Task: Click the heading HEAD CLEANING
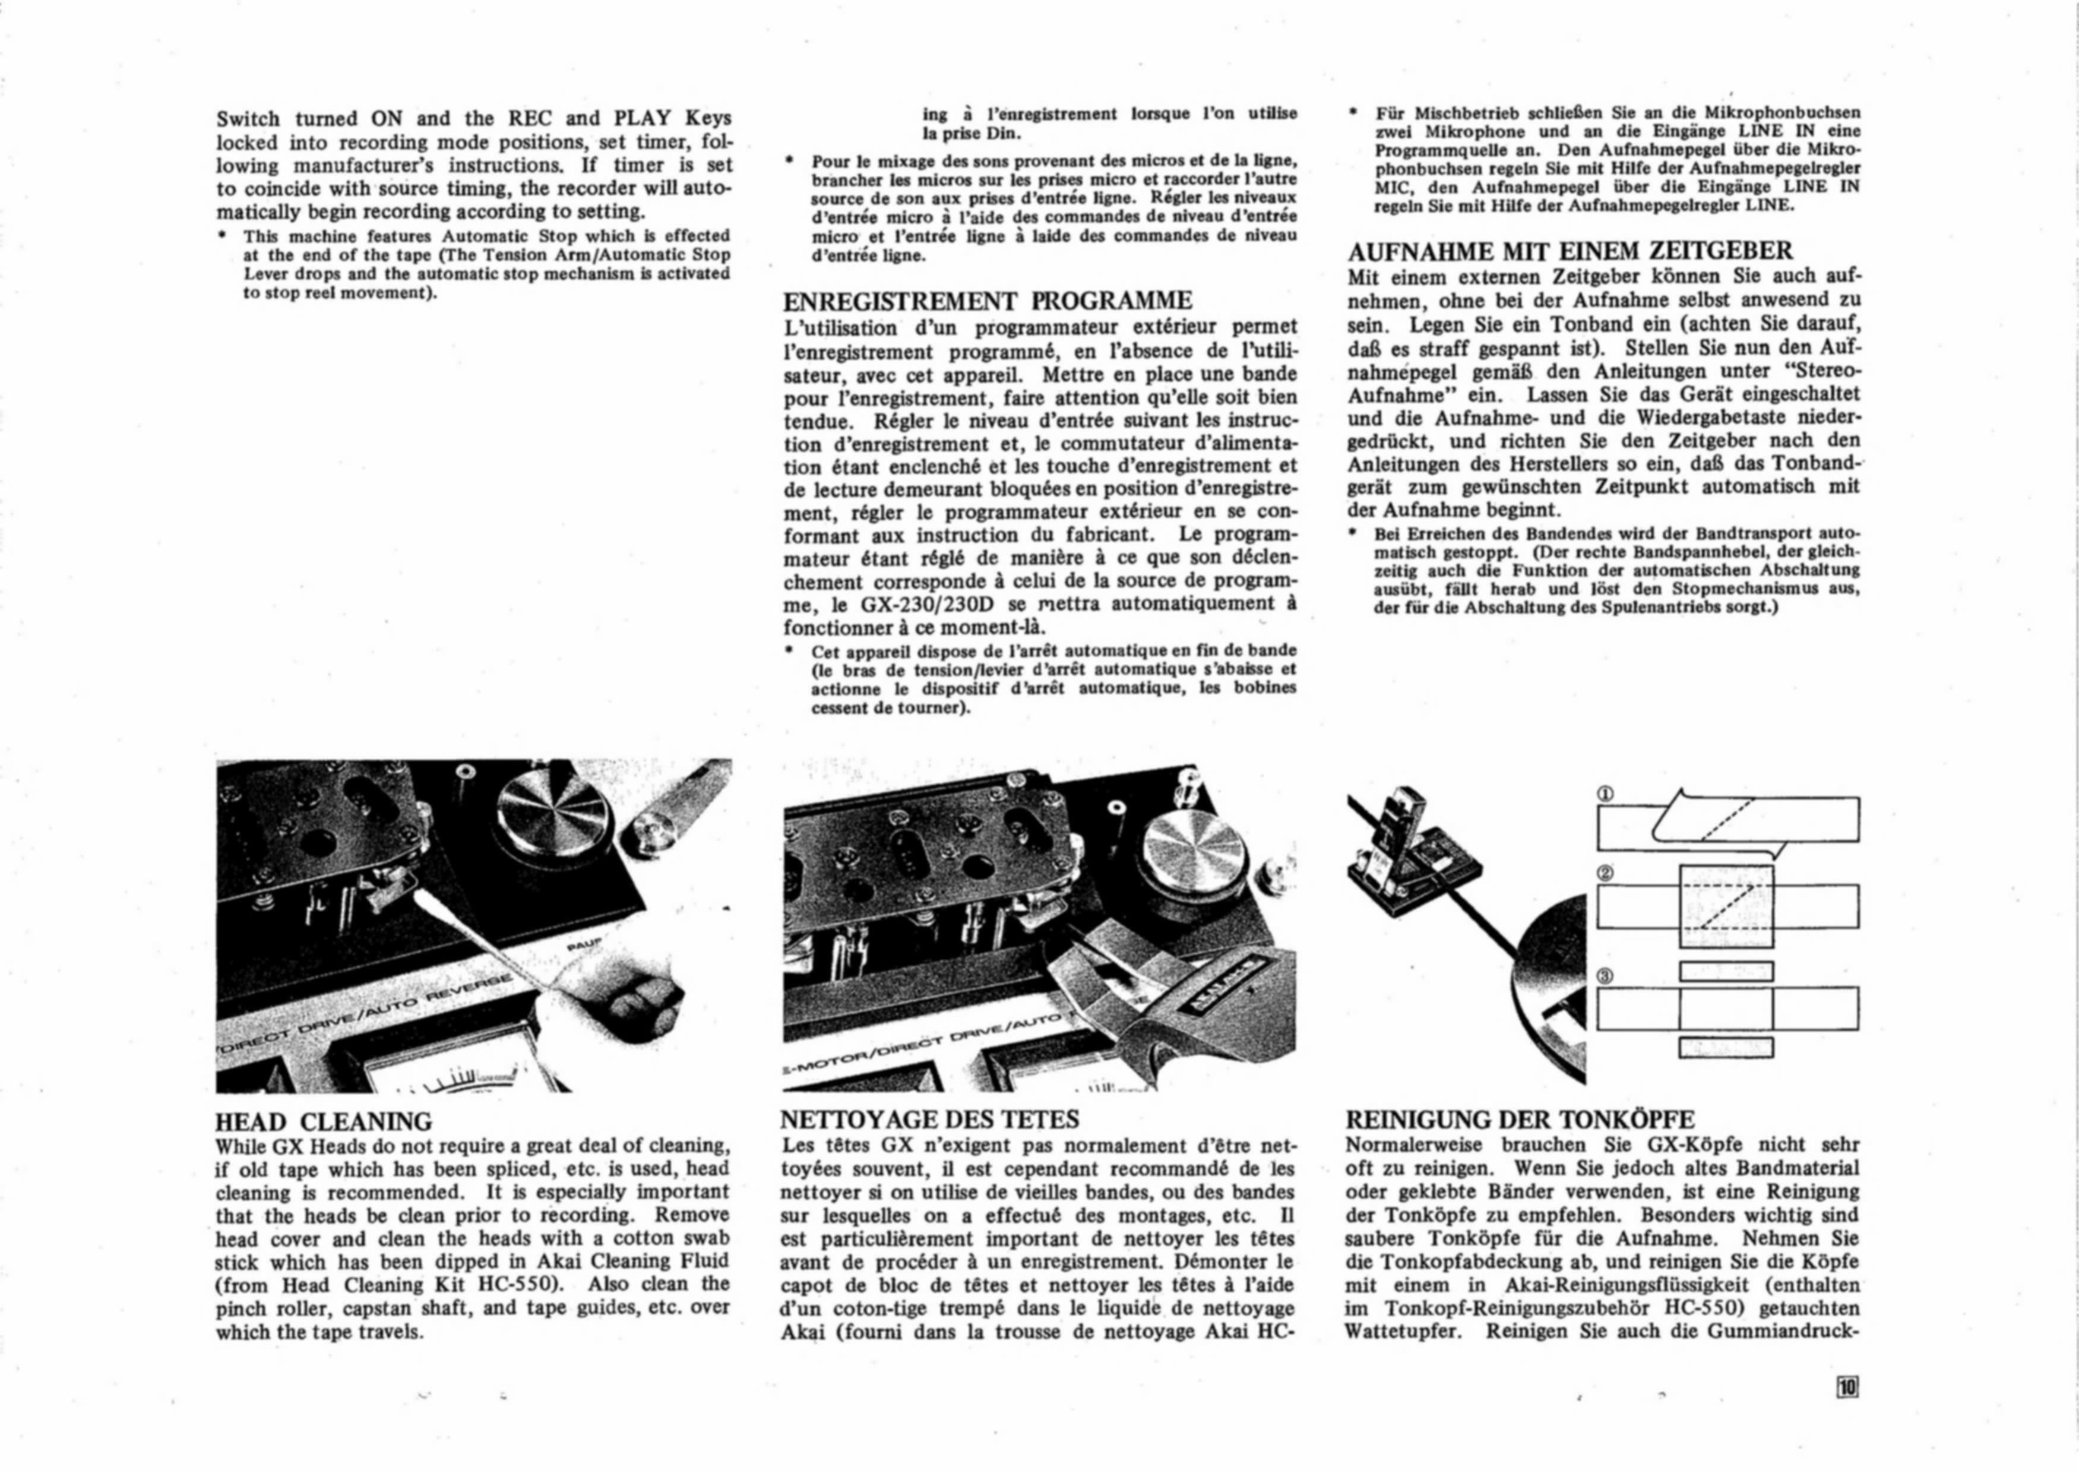[x=324, y=1122]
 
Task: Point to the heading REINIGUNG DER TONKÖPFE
[x=1520, y=1120]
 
